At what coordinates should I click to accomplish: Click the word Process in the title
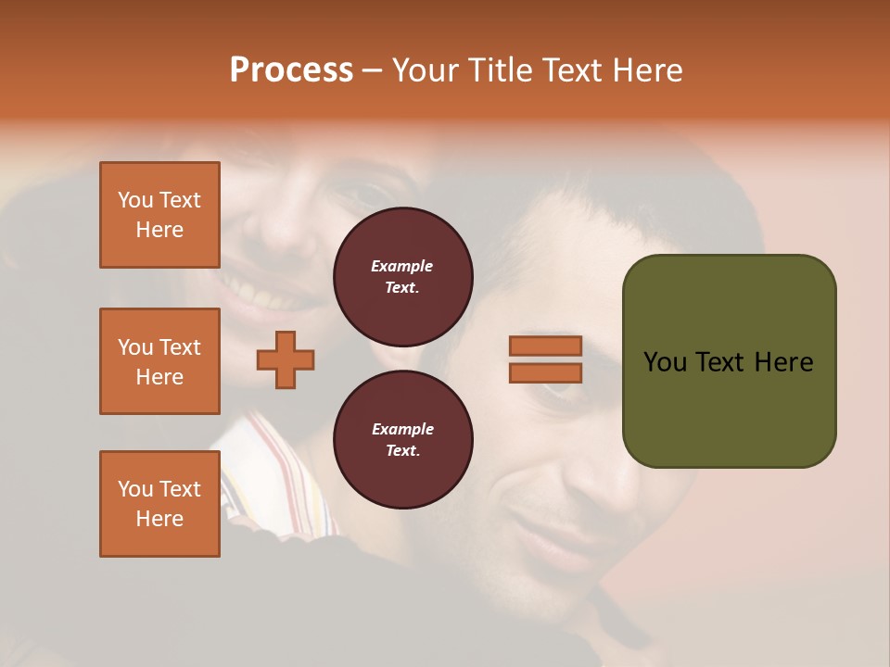click(x=291, y=70)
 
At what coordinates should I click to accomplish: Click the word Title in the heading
click(x=499, y=70)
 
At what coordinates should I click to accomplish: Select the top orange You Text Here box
click(x=159, y=215)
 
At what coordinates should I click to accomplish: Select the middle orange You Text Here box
click(x=159, y=361)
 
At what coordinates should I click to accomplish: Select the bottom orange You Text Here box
click(x=159, y=504)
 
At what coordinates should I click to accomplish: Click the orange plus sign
click(x=286, y=359)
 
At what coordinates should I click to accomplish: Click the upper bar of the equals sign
click(x=545, y=346)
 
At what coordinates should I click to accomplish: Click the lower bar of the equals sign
click(x=545, y=372)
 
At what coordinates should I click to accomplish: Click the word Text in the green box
click(x=722, y=362)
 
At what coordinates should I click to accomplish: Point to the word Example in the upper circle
click(x=402, y=266)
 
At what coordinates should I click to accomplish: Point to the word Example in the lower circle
click(x=402, y=429)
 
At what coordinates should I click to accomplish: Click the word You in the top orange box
click(x=134, y=200)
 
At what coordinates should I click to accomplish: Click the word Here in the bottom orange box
click(x=159, y=519)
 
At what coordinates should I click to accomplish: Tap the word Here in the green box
click(x=783, y=362)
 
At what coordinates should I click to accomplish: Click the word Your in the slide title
click(x=426, y=70)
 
